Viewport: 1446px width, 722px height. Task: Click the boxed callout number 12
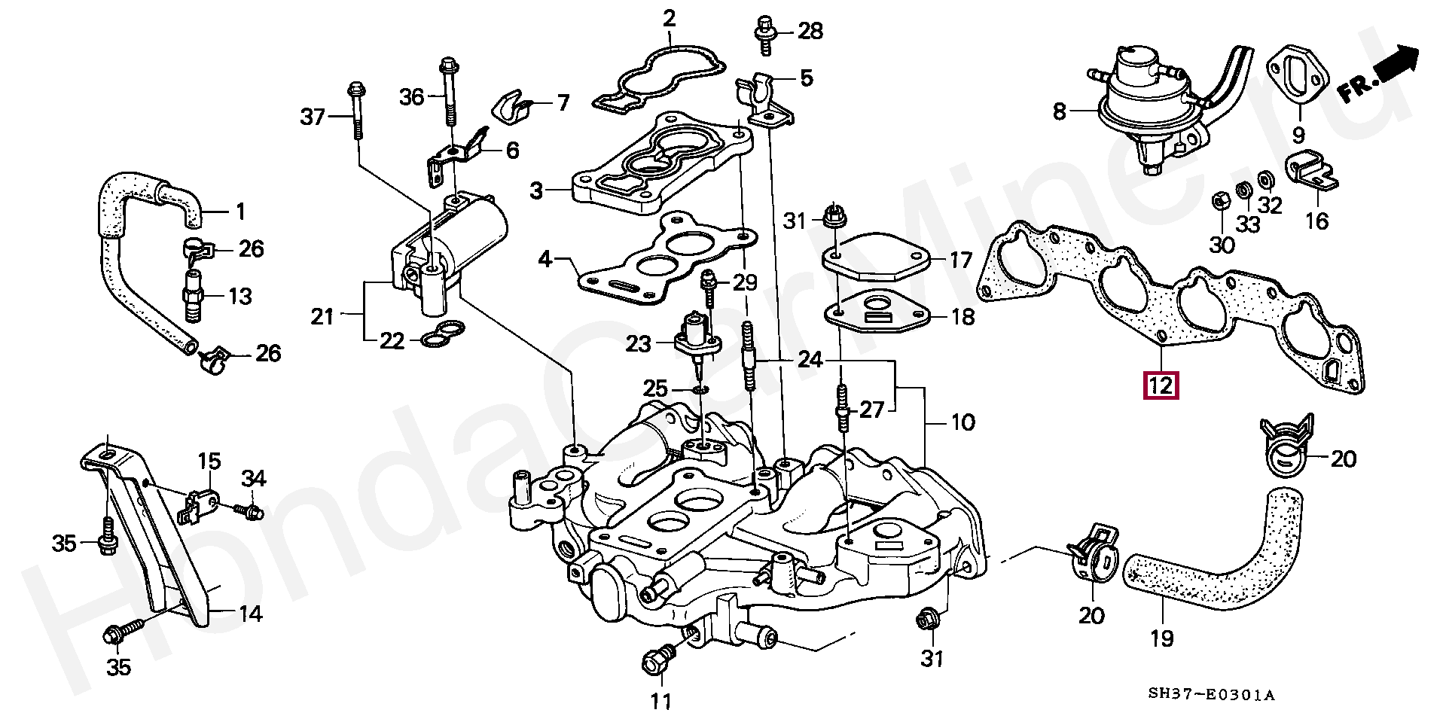click(x=1160, y=385)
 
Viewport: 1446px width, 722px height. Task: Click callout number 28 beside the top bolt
click(x=810, y=32)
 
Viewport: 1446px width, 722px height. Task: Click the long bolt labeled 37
click(x=355, y=111)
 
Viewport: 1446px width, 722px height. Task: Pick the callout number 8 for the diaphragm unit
click(x=1060, y=112)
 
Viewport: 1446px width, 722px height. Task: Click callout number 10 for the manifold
click(x=962, y=422)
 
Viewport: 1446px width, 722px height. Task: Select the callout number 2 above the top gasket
click(x=669, y=20)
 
